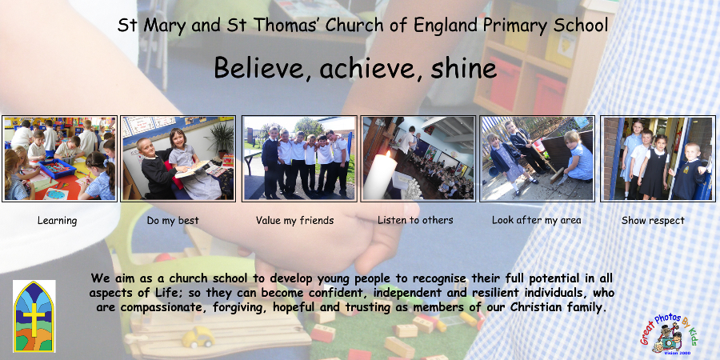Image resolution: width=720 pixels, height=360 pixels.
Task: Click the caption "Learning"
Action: (x=57, y=221)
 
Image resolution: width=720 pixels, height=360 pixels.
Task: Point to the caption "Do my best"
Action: (x=173, y=221)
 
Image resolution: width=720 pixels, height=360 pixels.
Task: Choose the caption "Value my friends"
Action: (x=294, y=221)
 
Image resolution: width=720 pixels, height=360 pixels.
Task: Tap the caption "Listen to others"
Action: (x=415, y=220)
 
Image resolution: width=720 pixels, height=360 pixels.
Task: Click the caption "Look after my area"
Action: (x=536, y=221)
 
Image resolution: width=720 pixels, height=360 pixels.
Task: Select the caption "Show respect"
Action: (x=653, y=221)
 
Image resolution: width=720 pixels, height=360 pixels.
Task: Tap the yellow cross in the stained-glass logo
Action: (x=34, y=319)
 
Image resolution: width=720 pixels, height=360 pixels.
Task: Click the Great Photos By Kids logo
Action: (x=669, y=333)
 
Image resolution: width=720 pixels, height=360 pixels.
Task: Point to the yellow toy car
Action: (x=198, y=338)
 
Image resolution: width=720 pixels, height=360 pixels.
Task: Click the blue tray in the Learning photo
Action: (x=57, y=169)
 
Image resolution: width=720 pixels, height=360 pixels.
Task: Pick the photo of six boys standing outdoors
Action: (x=299, y=158)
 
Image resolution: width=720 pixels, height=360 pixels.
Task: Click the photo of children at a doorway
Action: (x=658, y=158)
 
